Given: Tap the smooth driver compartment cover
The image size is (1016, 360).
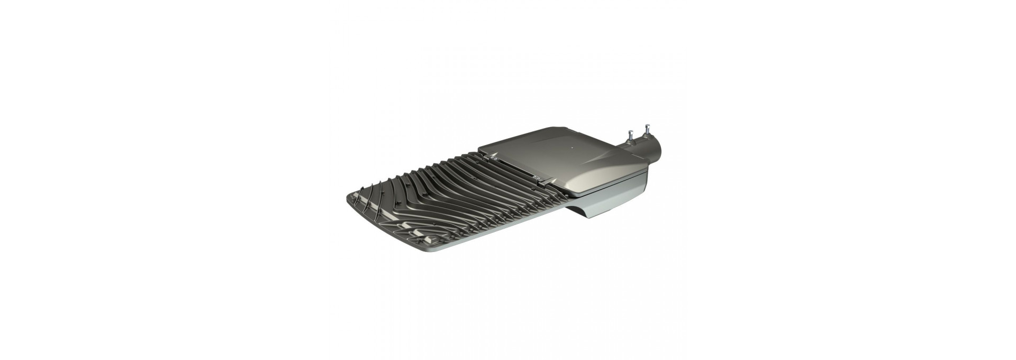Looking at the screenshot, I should pos(571,159).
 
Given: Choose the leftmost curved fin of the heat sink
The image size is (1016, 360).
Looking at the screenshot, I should pos(365,201).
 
